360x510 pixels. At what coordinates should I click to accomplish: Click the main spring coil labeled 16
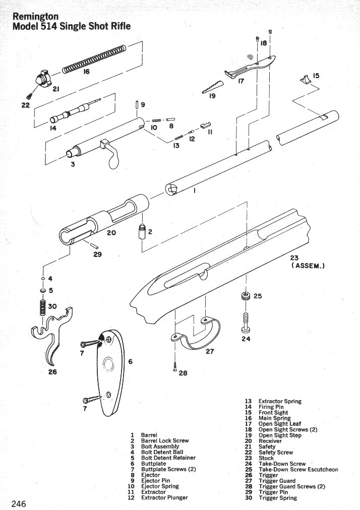point(94,59)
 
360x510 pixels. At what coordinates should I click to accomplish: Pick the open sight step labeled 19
point(212,87)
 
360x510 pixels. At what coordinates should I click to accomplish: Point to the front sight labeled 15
point(306,79)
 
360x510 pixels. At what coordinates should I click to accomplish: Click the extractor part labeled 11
point(206,125)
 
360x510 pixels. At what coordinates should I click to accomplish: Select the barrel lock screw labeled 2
point(142,232)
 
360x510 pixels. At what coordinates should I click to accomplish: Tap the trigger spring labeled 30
point(43,307)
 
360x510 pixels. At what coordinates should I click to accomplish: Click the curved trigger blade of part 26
point(53,352)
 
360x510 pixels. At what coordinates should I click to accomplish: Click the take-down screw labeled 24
point(246,323)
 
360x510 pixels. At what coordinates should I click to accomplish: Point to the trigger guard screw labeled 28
point(175,366)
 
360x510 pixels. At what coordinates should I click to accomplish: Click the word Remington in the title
point(35,17)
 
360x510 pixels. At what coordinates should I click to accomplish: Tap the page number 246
point(19,504)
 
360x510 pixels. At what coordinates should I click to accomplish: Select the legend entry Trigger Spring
point(278,498)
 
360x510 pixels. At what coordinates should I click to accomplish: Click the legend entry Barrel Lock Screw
point(165,441)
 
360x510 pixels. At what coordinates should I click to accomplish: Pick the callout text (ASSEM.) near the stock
point(308,266)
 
